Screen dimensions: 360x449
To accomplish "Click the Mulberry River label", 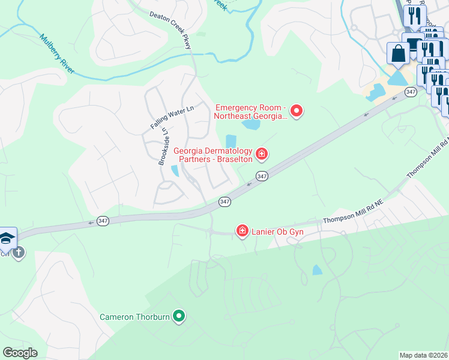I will [x=58, y=53].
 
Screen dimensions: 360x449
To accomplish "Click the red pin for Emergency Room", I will [x=296, y=111].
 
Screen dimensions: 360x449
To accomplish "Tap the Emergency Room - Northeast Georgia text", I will [x=251, y=112].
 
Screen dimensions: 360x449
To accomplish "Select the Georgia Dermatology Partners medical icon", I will [x=262, y=155].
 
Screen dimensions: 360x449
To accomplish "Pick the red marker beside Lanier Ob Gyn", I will [x=243, y=231].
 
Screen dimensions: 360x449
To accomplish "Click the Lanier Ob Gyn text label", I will [x=277, y=232].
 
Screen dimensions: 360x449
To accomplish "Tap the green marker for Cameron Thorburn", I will [x=178, y=316].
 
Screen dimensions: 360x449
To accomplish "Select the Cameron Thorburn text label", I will [x=134, y=316].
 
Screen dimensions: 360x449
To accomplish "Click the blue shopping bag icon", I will [x=398, y=53].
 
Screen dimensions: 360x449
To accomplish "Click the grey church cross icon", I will [x=19, y=251].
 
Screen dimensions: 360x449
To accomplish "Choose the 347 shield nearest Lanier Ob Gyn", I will [x=224, y=202].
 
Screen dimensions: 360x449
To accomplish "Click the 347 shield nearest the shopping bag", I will [x=411, y=92].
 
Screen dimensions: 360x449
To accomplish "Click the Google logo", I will [x=20, y=353].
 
